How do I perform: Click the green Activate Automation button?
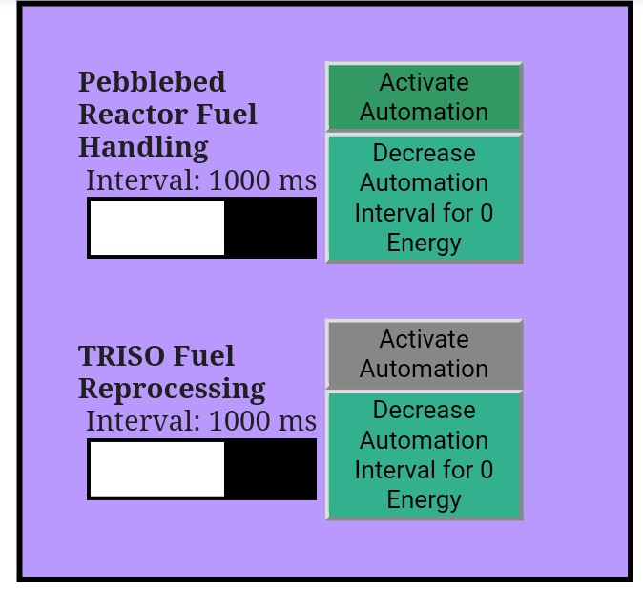(x=424, y=97)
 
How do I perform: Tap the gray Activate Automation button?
(x=424, y=354)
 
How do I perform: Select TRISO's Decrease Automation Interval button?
(x=424, y=455)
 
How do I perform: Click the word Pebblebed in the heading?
(x=152, y=82)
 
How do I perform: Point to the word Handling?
(x=143, y=148)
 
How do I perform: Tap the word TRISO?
(x=121, y=356)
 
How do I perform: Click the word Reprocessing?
(x=172, y=389)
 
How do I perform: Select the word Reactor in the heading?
(x=135, y=115)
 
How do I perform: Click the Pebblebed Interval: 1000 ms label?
(x=201, y=180)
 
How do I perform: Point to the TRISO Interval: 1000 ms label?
(x=201, y=421)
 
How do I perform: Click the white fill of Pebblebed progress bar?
(x=157, y=228)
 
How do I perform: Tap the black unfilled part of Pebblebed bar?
(x=270, y=228)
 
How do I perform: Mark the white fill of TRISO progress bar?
(x=157, y=469)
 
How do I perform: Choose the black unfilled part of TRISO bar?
(x=270, y=469)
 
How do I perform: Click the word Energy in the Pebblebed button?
(x=424, y=244)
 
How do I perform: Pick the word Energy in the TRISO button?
(x=424, y=500)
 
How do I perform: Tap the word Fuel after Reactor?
(x=227, y=115)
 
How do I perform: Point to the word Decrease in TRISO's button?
(x=424, y=410)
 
